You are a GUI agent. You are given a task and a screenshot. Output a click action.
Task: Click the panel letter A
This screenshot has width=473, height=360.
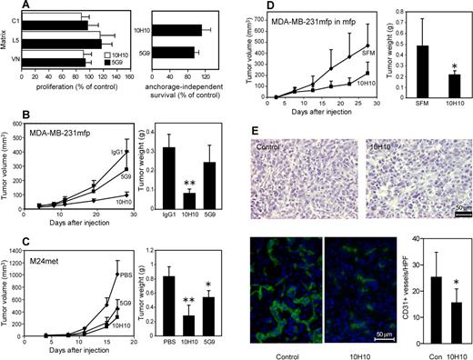pos(9,7)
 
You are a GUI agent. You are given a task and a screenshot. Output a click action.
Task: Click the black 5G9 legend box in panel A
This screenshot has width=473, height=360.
pos(111,65)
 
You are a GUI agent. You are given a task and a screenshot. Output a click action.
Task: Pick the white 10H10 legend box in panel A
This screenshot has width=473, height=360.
pos(111,55)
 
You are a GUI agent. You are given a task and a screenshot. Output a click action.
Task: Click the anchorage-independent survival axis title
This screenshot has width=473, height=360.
pos(187,93)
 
